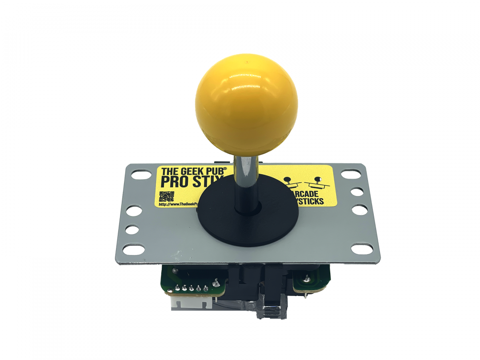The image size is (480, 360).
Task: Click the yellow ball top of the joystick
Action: click(x=246, y=104)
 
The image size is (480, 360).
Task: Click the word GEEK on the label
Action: click(x=192, y=172)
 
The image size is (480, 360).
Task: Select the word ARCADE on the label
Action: click(x=307, y=195)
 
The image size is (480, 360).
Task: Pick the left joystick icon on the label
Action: click(x=290, y=182)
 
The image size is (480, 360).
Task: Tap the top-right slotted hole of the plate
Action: click(x=351, y=174)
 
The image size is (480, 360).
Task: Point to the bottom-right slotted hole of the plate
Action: click(x=361, y=249)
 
